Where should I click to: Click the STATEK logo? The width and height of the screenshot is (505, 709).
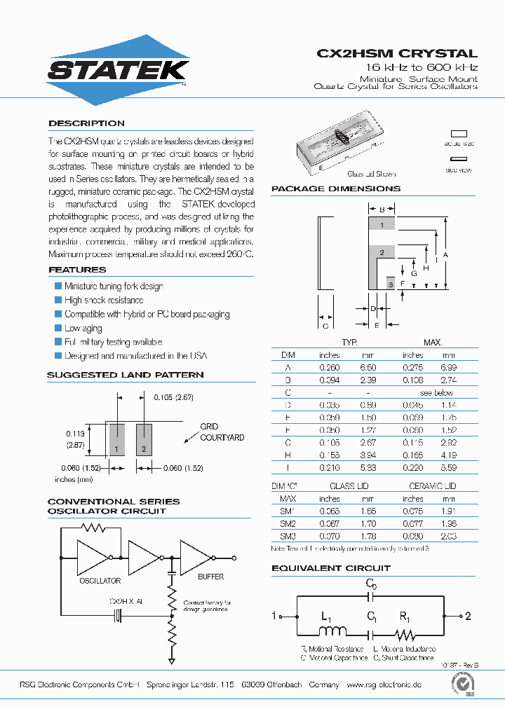(117, 70)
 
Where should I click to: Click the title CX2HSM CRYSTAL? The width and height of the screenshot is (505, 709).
(397, 53)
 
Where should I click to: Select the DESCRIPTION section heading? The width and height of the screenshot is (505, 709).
(86, 123)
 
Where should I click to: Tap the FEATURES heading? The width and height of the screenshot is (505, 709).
(77, 270)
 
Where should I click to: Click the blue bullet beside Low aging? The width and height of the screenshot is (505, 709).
(58, 328)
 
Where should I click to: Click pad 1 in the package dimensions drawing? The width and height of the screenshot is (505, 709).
(382, 225)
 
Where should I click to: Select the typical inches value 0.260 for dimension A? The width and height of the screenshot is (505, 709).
(329, 367)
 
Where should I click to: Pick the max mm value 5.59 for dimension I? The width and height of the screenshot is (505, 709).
(449, 467)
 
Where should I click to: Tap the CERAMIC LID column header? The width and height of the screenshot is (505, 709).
(433, 486)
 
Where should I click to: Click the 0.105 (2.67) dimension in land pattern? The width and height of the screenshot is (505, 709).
(173, 397)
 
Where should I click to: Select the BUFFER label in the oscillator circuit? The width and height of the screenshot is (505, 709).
(210, 577)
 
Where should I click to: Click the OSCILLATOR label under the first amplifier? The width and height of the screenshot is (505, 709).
(100, 581)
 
